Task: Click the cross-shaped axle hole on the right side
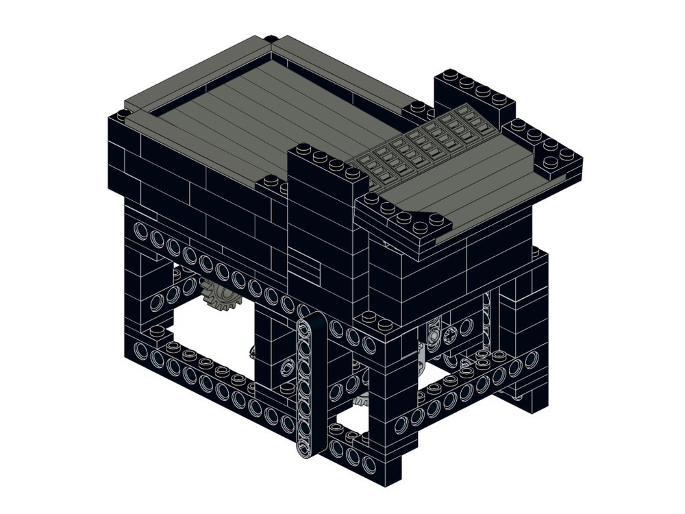(x=450, y=335)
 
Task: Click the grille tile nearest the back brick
(x=473, y=117)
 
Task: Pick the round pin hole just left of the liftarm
(x=284, y=367)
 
